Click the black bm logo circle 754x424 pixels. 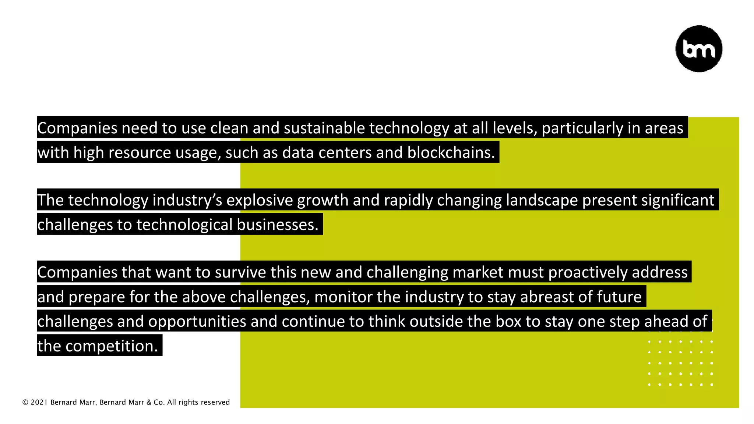699,49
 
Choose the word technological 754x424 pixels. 184,225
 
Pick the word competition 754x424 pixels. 112,346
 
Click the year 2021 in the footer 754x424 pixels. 39,402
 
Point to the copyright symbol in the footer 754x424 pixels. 25,402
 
